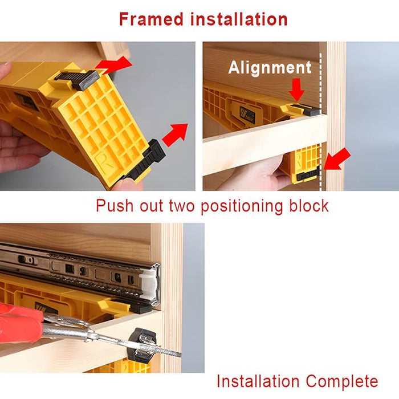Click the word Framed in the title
tap(152, 19)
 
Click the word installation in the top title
tap(239, 19)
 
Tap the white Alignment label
tap(270, 68)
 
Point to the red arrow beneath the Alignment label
tap(297, 89)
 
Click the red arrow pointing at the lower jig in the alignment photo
tap(337, 159)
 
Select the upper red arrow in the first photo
tap(114, 64)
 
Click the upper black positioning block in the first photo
tap(76, 79)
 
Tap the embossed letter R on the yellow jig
tap(105, 160)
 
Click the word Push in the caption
tap(115, 206)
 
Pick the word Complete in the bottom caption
tap(342, 382)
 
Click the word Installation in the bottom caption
tap(258, 381)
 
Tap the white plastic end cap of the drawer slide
tap(148, 284)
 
